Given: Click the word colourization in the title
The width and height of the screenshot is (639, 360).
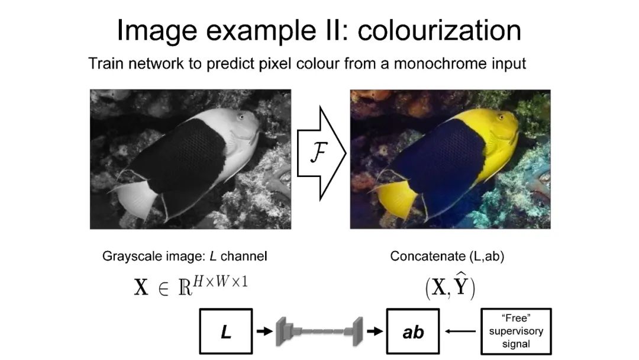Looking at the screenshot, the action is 440,31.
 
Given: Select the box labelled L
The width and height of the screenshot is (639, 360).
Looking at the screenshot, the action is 225,332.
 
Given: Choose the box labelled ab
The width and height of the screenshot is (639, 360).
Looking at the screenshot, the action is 413,332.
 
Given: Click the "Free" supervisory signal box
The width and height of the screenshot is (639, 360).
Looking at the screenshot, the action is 515,332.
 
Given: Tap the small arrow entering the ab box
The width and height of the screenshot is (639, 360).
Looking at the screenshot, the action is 374,332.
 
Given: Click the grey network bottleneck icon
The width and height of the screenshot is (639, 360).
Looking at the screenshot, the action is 319,332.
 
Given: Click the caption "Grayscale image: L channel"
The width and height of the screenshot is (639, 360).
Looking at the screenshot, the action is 185,256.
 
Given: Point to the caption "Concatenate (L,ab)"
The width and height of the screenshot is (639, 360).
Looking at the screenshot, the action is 447,256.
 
